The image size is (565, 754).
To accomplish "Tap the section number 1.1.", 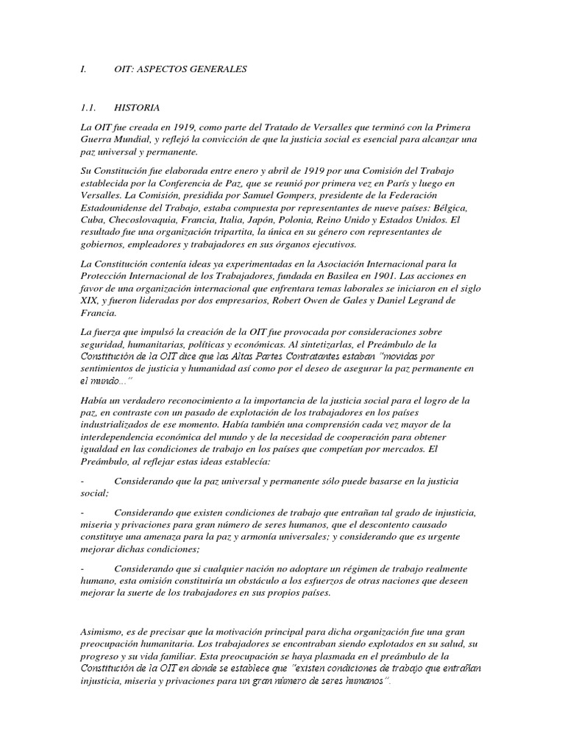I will [90, 108].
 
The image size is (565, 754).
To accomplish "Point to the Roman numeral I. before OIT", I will [83, 69].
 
